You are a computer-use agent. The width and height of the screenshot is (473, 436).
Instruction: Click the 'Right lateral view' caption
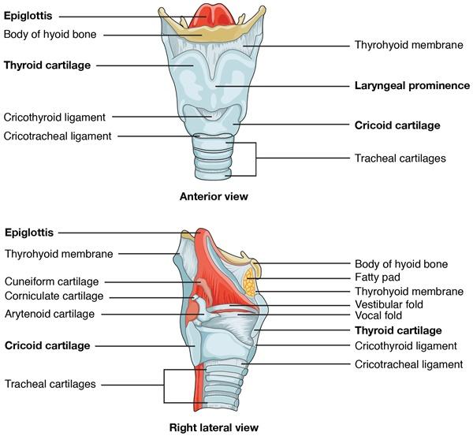click(x=214, y=428)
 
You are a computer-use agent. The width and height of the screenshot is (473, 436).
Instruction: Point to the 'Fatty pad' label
click(x=378, y=278)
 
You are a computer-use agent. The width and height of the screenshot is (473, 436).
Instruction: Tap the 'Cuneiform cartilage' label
click(x=52, y=281)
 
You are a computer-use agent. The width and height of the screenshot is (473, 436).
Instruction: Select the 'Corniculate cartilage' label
click(x=54, y=296)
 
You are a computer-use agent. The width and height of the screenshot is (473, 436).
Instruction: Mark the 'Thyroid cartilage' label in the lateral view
click(x=398, y=330)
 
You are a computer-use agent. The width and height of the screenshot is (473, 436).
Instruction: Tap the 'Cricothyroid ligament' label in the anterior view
click(x=54, y=117)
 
